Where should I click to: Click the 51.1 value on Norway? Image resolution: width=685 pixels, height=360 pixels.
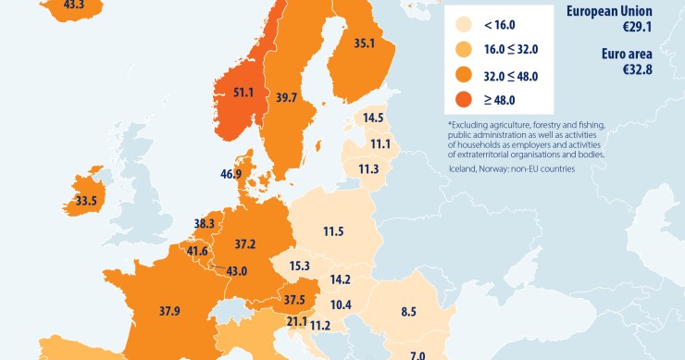[x=244, y=93]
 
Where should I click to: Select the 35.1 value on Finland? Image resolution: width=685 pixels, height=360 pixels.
[x=365, y=43]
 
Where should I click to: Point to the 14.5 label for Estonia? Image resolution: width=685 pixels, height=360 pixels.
[x=374, y=118]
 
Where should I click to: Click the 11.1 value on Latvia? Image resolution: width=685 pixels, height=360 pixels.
[x=379, y=144]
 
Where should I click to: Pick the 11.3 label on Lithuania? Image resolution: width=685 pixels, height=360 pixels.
[x=368, y=168]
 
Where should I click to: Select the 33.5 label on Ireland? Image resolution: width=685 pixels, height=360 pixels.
[x=87, y=200]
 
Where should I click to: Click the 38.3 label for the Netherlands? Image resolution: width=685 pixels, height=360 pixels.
[x=205, y=223]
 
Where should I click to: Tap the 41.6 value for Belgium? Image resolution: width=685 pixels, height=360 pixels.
[x=197, y=251]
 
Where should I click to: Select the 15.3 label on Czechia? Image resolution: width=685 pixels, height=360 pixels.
[x=298, y=266]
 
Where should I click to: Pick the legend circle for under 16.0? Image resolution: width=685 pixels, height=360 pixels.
[x=460, y=26]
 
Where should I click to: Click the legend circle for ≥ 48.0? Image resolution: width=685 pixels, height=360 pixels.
[x=460, y=99]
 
